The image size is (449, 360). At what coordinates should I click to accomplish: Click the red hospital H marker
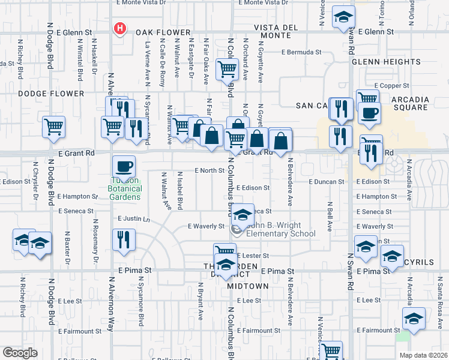click(x=120, y=28)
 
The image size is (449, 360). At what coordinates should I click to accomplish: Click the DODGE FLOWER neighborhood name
click(x=51, y=94)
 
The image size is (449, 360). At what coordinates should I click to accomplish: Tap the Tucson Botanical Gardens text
click(x=125, y=188)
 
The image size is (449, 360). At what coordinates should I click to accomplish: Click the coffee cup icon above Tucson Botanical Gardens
click(x=124, y=166)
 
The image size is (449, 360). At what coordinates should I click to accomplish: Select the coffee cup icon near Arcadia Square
click(x=370, y=112)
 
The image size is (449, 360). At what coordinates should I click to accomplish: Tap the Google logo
click(x=20, y=353)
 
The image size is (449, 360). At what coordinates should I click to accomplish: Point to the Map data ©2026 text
click(x=423, y=355)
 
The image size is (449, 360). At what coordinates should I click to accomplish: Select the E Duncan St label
click(x=327, y=181)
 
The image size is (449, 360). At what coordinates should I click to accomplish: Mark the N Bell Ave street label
click(x=330, y=217)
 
